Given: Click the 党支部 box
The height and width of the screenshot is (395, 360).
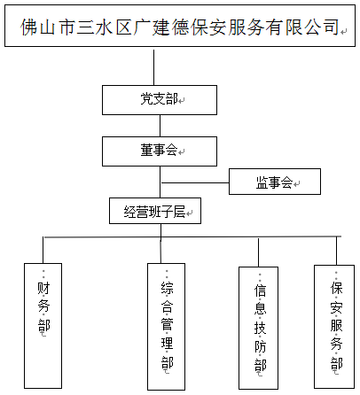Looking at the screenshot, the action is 160,100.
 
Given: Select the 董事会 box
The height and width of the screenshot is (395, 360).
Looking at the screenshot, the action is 160,151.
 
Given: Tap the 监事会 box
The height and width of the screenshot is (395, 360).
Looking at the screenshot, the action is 275,182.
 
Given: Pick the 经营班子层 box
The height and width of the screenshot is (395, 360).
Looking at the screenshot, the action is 155,211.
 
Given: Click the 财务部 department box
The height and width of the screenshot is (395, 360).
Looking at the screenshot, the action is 43,326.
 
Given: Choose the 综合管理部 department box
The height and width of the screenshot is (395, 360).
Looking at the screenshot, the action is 167,327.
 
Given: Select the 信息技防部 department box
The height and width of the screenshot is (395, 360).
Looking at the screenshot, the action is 259,328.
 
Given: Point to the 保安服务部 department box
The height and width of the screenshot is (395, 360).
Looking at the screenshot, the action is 334,327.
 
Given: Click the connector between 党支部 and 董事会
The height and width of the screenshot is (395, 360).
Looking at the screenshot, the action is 160,126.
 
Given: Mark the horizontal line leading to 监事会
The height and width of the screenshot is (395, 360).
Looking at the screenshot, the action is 195,183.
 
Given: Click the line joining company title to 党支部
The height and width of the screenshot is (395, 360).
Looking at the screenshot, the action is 154,67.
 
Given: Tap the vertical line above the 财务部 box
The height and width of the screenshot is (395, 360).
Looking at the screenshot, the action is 43,250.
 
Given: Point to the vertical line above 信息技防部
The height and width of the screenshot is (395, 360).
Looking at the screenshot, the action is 258,252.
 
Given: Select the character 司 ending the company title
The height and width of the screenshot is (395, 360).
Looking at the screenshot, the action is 332,27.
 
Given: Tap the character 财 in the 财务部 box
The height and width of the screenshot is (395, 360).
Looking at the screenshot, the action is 43,288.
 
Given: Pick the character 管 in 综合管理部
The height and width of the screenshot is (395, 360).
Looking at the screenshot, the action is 167,324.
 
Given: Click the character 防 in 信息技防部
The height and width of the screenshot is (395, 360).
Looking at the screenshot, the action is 260,346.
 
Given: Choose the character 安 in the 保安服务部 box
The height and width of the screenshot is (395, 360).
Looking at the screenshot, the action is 336,307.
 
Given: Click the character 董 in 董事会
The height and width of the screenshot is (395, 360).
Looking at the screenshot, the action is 146,150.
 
